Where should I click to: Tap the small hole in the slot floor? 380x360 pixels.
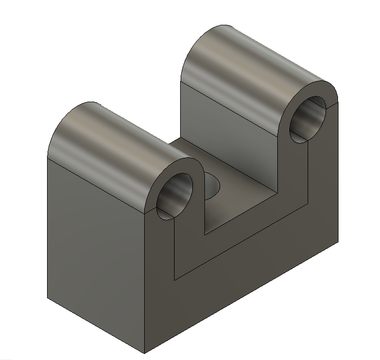pos(212,185)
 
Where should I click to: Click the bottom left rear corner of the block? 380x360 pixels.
pos(48,298)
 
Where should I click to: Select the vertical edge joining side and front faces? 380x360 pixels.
pos(145,283)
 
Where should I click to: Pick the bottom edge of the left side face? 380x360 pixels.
pos(96,326)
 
